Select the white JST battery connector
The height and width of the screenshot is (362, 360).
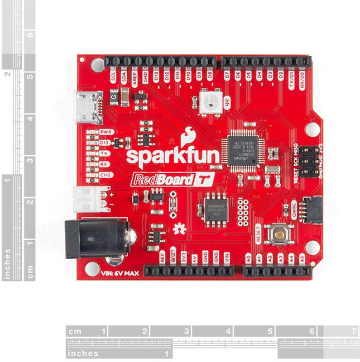91,199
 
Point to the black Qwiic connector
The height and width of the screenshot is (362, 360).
312,210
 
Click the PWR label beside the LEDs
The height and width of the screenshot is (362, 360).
106,132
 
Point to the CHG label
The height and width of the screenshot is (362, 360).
106,175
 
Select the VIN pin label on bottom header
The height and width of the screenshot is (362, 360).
227,257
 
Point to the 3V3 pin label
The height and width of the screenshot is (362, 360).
184,257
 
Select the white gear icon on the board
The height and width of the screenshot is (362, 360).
179,229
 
